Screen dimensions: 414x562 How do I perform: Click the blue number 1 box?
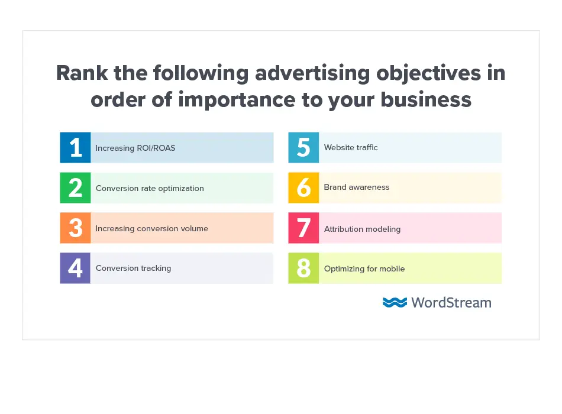pyautogui.click(x=75, y=147)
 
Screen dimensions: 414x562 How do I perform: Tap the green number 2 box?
pyautogui.click(x=75, y=187)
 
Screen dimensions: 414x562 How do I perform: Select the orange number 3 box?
pyautogui.click(x=75, y=228)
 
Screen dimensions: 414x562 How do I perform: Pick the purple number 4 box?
pyautogui.click(x=75, y=268)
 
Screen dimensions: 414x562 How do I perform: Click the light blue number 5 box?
pyautogui.click(x=303, y=147)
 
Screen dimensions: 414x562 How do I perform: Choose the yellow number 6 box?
pyautogui.click(x=303, y=187)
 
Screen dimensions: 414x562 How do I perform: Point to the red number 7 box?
pyautogui.click(x=303, y=228)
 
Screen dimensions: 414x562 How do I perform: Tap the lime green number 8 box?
pyautogui.click(x=303, y=268)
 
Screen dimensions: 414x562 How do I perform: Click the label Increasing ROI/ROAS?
pyautogui.click(x=135, y=148)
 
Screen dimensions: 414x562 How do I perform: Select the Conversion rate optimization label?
pyautogui.click(x=150, y=188)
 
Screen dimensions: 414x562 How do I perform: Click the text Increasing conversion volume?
pyautogui.click(x=152, y=228)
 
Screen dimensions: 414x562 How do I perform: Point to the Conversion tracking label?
pyautogui.click(x=133, y=268)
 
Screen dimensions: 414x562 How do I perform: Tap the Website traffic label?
pyautogui.click(x=351, y=147)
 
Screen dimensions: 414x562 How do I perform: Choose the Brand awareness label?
pyautogui.click(x=357, y=187)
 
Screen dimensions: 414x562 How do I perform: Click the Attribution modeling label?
pyautogui.click(x=362, y=229)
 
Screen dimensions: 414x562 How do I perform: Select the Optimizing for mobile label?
pyautogui.click(x=364, y=269)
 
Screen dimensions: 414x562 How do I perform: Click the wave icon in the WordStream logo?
pyautogui.click(x=395, y=302)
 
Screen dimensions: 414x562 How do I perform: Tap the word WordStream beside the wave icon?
pyautogui.click(x=451, y=302)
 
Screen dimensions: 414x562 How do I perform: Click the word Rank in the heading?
pyautogui.click(x=80, y=73)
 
